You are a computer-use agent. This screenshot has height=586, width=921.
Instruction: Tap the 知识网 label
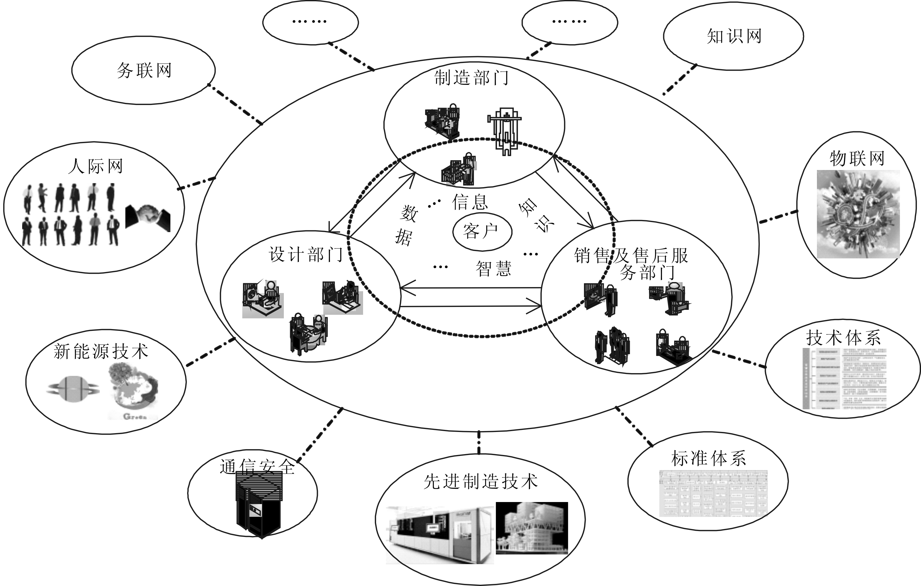tap(734, 37)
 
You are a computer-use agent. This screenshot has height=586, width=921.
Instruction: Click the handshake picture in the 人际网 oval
tap(148, 218)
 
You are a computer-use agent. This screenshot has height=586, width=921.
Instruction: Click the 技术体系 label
tap(843, 338)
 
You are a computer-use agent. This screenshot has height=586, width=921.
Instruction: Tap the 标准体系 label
tap(708, 458)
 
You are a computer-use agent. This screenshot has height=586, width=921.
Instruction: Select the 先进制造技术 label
tap(480, 482)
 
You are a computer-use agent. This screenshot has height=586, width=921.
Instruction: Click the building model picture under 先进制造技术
tap(532, 528)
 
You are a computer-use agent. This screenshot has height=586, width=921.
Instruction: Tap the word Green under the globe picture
tap(135, 417)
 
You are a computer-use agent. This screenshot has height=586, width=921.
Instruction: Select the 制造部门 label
tap(471, 78)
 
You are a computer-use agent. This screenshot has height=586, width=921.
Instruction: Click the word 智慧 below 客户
tap(493, 268)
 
